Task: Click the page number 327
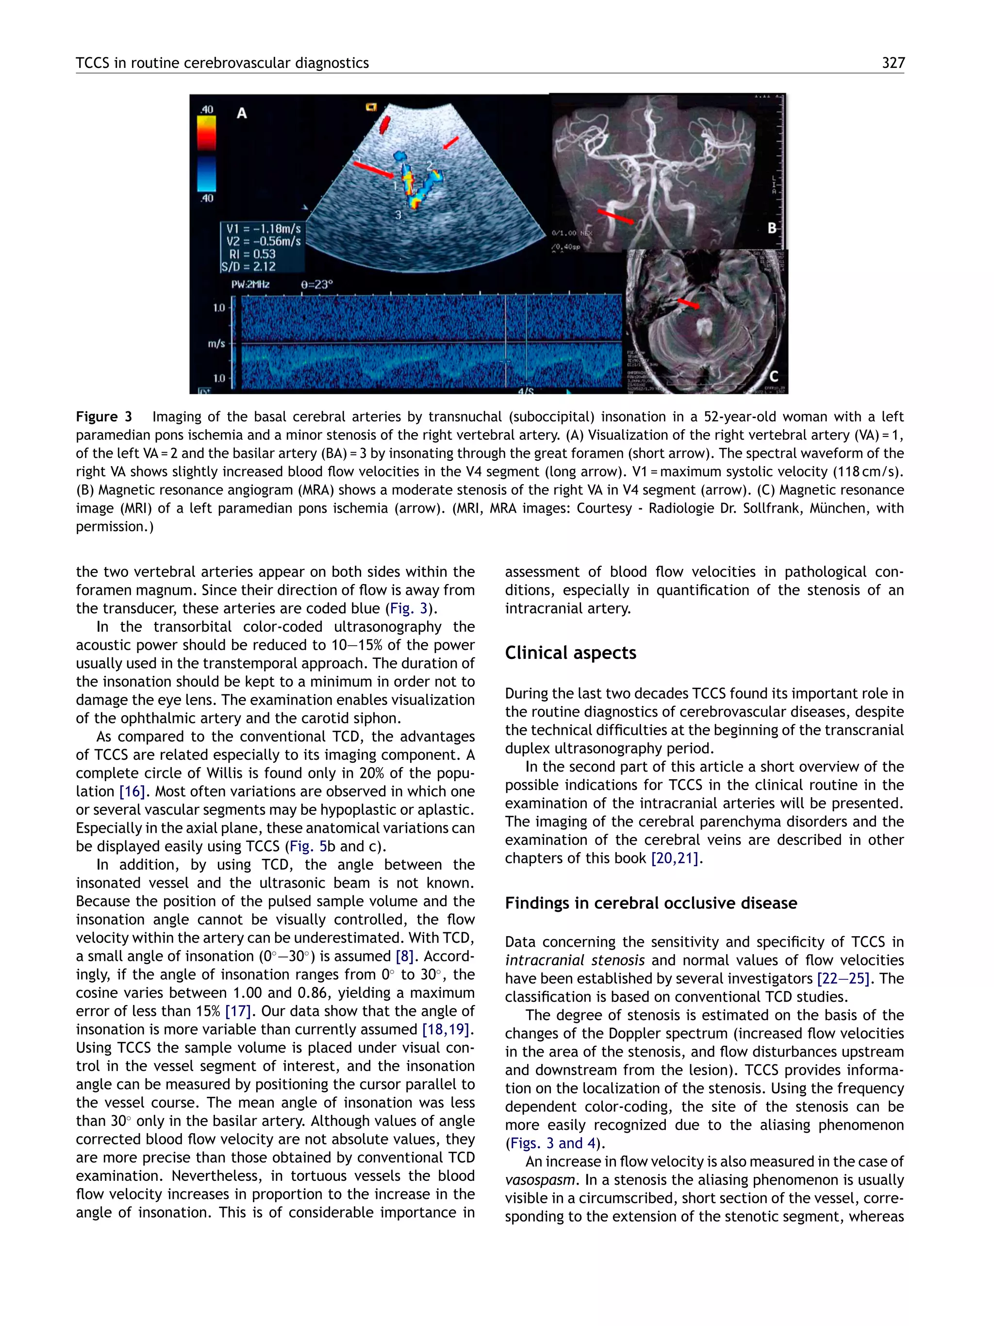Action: [x=893, y=63]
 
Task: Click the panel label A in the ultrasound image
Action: [x=241, y=113]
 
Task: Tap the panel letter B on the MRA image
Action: [x=772, y=228]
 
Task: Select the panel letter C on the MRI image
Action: [x=774, y=376]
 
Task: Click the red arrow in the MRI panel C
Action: [x=688, y=303]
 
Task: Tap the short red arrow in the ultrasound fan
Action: [x=450, y=143]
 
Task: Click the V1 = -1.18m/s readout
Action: [x=263, y=228]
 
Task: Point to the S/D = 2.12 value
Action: [x=248, y=266]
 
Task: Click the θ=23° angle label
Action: [x=316, y=284]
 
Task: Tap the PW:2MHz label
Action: [x=250, y=284]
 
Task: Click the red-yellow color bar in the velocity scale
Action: [x=206, y=133]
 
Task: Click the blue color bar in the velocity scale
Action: [x=206, y=174]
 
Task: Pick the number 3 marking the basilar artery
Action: [x=398, y=214]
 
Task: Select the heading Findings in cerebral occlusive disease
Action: [x=651, y=903]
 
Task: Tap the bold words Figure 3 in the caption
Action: [x=104, y=417]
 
